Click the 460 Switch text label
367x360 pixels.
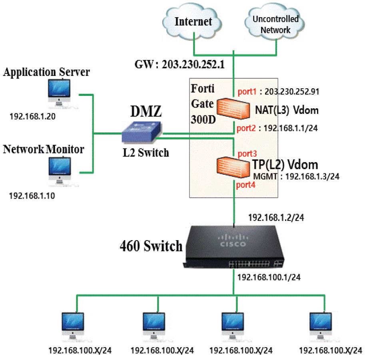(151, 246)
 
